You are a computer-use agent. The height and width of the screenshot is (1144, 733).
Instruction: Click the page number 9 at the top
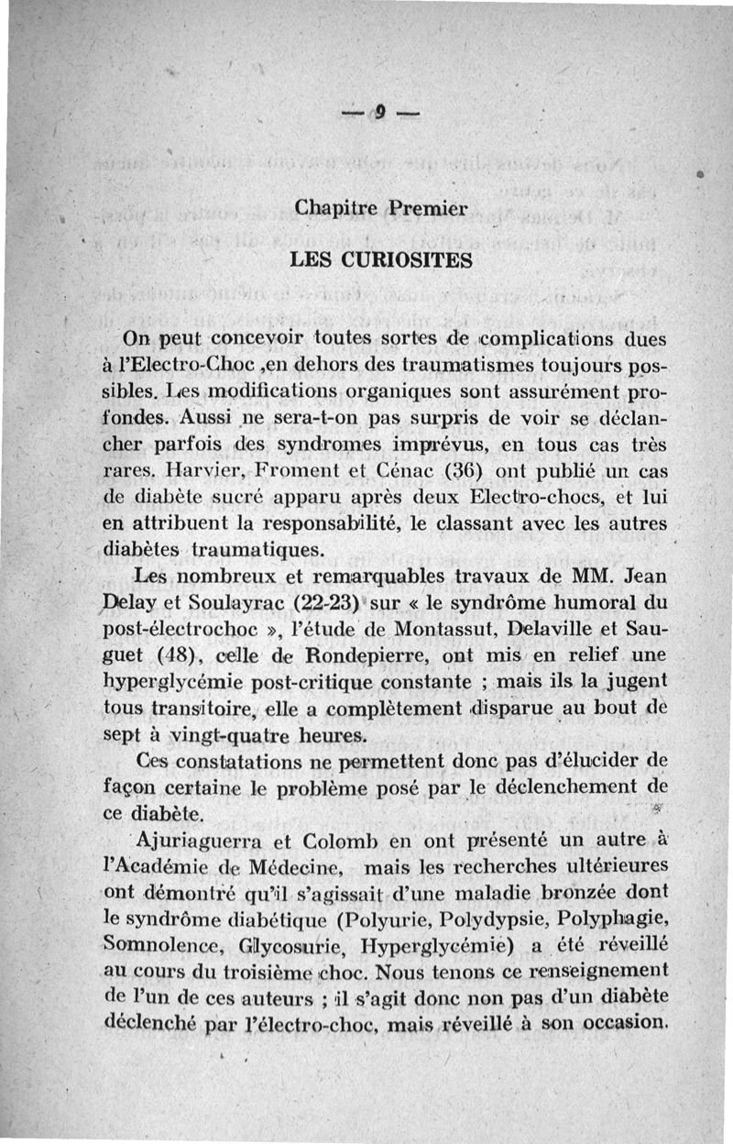(377, 114)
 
